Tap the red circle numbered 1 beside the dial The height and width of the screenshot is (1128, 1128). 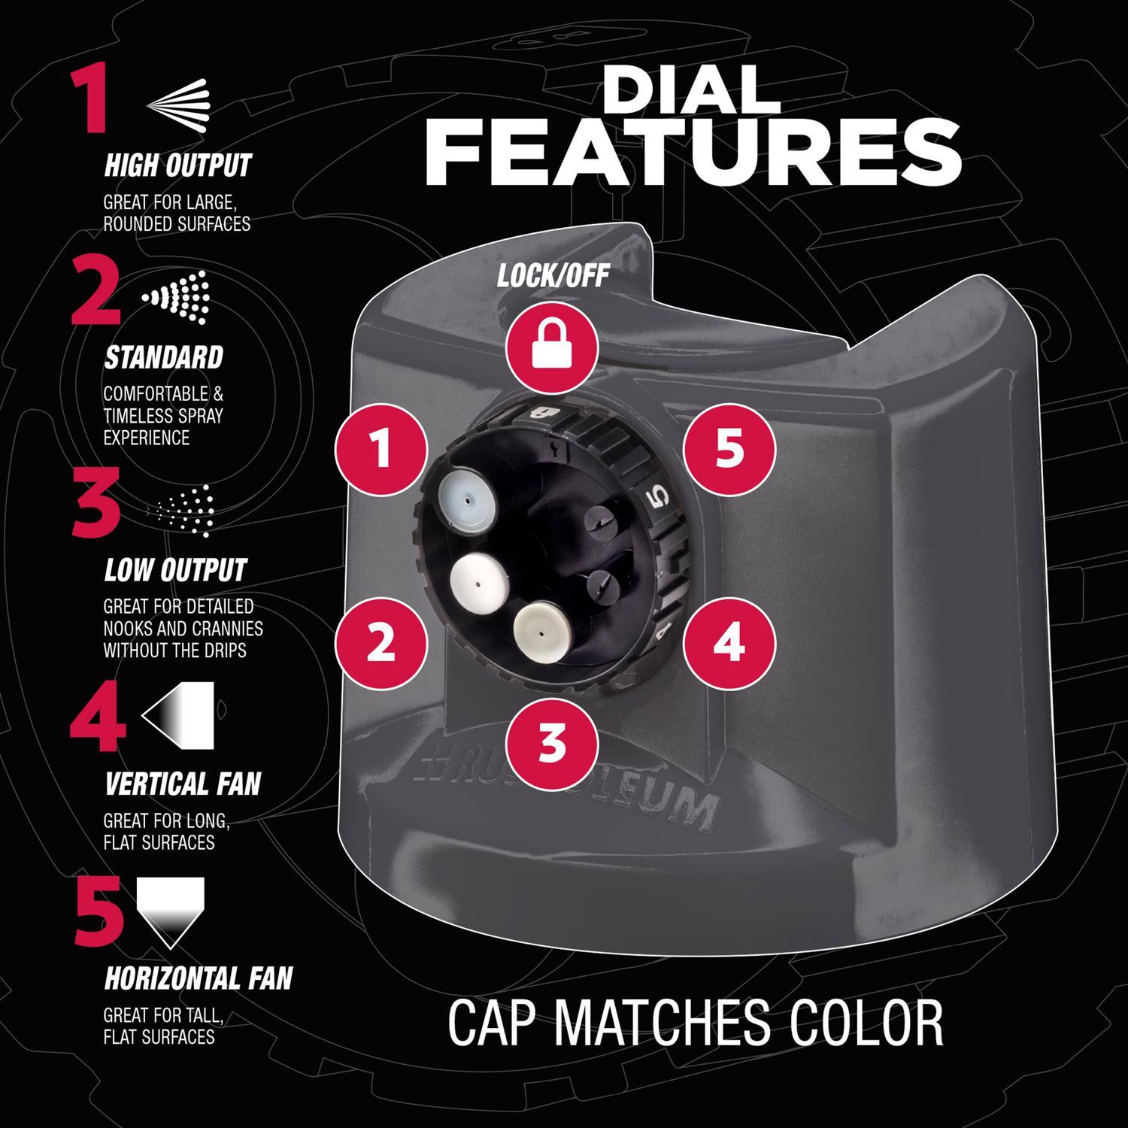pos(382,450)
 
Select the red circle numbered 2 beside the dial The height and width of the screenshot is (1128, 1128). pos(382,643)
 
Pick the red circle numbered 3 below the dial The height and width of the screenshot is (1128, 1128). pos(553,741)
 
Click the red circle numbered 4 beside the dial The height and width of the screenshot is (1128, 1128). pos(729,643)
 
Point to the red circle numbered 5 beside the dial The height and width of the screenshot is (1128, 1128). pos(729,450)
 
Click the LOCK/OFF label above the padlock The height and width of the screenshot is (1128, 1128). pos(553,276)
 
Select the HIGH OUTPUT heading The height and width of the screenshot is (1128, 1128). pos(177,165)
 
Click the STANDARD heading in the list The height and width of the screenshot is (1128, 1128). pos(163,358)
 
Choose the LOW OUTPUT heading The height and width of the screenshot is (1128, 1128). pos(175,570)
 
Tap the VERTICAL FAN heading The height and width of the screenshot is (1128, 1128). pos(183,784)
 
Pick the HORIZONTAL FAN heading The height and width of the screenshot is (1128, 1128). pos(198,978)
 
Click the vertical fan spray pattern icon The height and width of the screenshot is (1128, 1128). pos(178,709)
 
